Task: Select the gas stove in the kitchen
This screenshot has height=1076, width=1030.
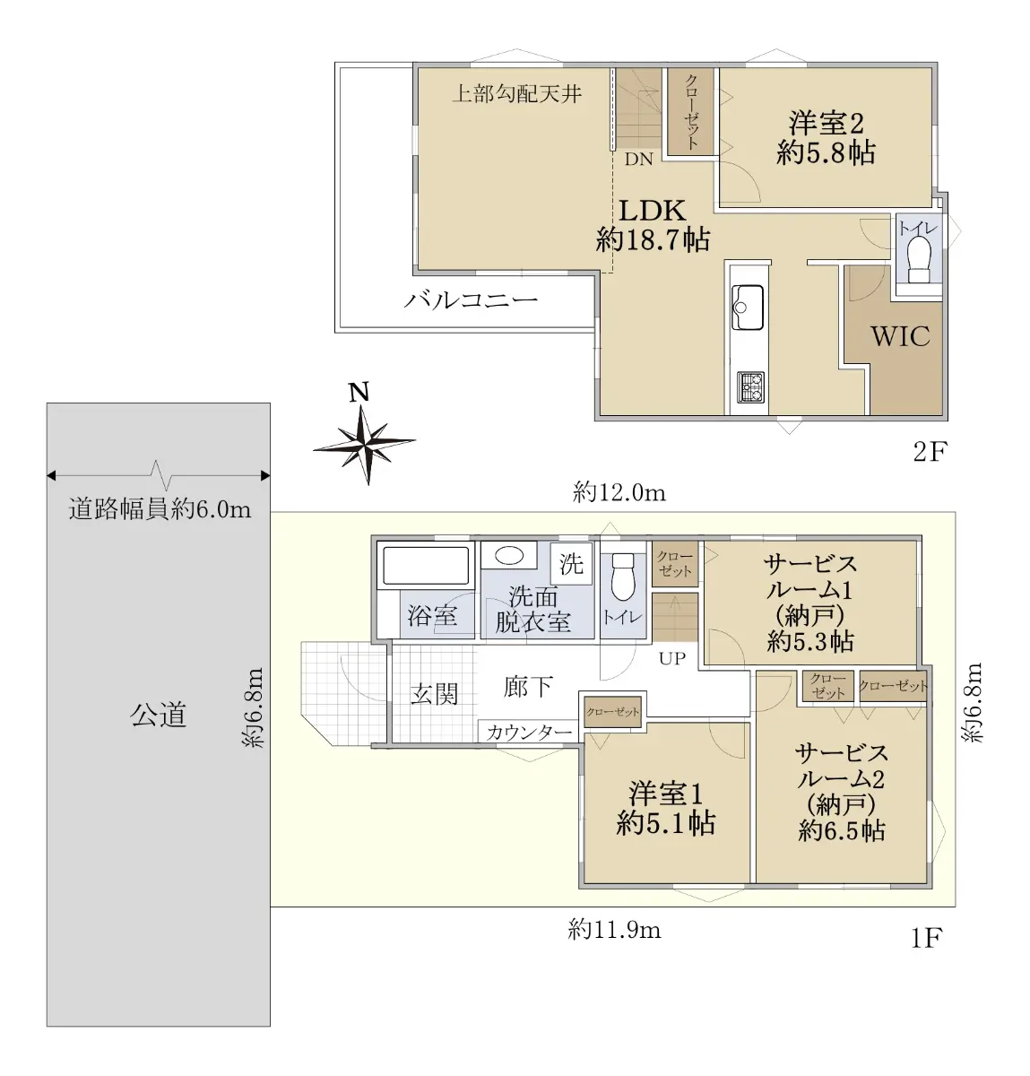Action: [749, 387]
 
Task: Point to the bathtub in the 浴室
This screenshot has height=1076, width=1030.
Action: [425, 566]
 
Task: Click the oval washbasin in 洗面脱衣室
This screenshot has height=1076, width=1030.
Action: [508, 555]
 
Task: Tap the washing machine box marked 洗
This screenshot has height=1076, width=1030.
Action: [570, 563]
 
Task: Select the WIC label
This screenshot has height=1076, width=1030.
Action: [901, 336]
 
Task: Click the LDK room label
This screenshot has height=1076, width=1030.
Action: [653, 211]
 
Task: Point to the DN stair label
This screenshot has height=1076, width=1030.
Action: [638, 160]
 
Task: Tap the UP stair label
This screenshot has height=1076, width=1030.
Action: [672, 658]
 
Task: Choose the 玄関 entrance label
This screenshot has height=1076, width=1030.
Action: [435, 694]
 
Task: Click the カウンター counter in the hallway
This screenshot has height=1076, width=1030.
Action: [529, 732]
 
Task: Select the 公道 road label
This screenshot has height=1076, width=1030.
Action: [158, 715]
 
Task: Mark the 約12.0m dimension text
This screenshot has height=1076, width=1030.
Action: [619, 491]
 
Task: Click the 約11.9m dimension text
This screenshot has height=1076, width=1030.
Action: [614, 930]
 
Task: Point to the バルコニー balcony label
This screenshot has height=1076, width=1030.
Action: [471, 299]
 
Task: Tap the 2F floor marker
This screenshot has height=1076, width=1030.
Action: [930, 452]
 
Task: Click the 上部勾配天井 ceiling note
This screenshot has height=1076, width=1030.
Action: [517, 93]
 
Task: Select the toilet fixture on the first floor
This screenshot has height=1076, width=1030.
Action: [623, 577]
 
